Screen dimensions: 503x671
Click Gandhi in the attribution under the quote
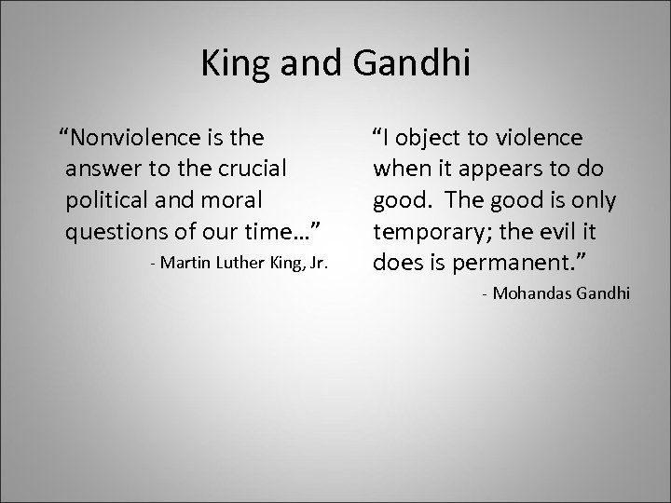point(602,292)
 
